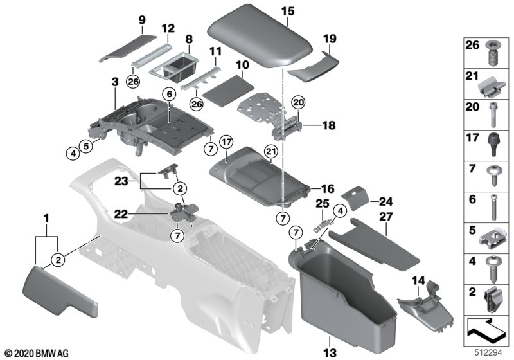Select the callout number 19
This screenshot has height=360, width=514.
(x=328, y=39)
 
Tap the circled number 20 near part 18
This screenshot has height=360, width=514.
(x=297, y=102)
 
